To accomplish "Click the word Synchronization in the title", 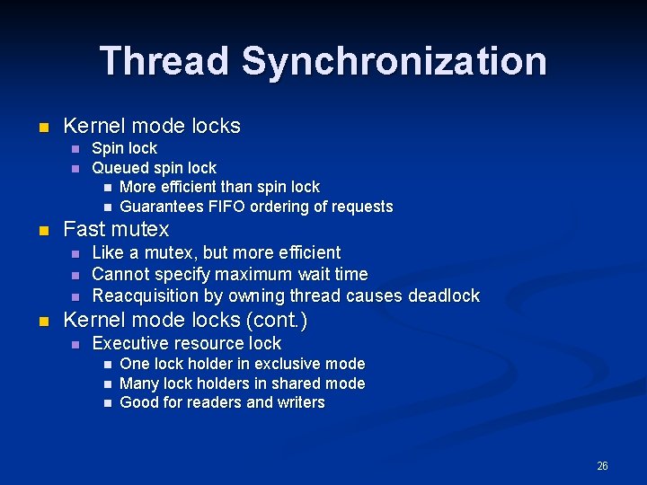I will (x=394, y=61).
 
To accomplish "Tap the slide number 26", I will (x=602, y=465).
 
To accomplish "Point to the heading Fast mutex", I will (x=116, y=229).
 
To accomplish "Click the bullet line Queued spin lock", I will (x=155, y=168).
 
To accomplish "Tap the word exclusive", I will (x=277, y=364).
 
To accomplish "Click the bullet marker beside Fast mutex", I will (x=42, y=230).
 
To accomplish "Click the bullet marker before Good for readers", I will (x=107, y=403).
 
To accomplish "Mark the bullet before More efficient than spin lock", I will (x=107, y=188).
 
